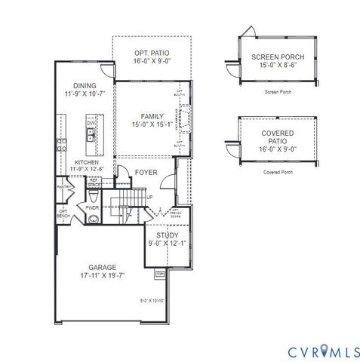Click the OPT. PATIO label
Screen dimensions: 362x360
click(x=151, y=53)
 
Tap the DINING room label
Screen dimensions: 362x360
click(x=85, y=85)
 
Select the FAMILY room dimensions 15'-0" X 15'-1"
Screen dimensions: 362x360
click(x=152, y=124)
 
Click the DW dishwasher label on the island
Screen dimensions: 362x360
click(x=90, y=122)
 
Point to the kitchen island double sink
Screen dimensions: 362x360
click(x=91, y=136)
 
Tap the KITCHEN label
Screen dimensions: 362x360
click(x=86, y=162)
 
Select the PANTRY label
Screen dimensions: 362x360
click(x=63, y=186)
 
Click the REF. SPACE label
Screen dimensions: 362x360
click(x=94, y=182)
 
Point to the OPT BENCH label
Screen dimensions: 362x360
click(x=63, y=214)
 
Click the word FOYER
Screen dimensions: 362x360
click(x=146, y=173)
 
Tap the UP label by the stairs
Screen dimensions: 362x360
click(x=149, y=198)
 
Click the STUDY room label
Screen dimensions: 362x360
click(x=162, y=235)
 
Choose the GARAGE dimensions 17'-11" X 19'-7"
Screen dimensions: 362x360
click(x=106, y=275)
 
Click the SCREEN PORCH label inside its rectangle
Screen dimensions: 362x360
click(x=278, y=56)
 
